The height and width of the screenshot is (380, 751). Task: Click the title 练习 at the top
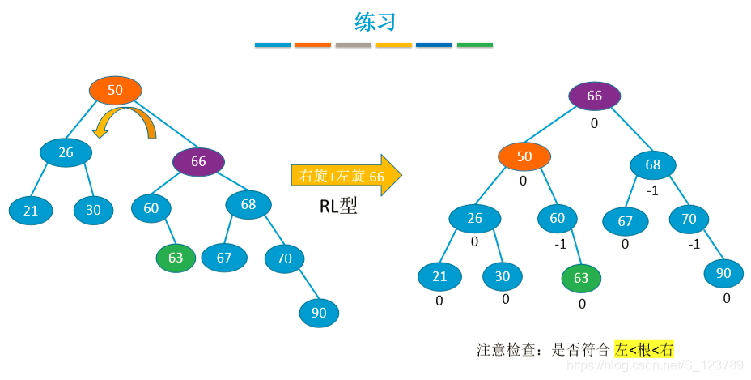pyautogui.click(x=375, y=22)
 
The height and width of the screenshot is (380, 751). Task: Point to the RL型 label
pyautogui.click(x=339, y=207)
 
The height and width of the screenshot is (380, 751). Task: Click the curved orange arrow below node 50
pyautogui.click(x=124, y=123)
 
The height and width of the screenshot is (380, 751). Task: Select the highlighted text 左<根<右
pyautogui.click(x=643, y=350)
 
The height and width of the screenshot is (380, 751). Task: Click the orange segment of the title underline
pyautogui.click(x=312, y=45)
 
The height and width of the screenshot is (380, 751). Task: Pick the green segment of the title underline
pyautogui.click(x=474, y=45)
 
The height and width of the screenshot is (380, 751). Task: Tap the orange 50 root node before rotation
pyautogui.click(x=115, y=90)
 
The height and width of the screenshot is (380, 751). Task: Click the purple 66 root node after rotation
pyautogui.click(x=594, y=96)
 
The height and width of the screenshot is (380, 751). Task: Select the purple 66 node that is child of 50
pyautogui.click(x=198, y=161)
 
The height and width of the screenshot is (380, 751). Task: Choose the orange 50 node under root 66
pyautogui.click(x=524, y=156)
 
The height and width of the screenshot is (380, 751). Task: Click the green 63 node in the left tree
pyautogui.click(x=176, y=258)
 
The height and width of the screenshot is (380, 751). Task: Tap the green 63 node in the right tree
pyautogui.click(x=581, y=278)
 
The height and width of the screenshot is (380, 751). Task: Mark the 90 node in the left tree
pyautogui.click(x=319, y=313)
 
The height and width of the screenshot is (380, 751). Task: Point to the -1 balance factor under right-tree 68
pyautogui.click(x=651, y=190)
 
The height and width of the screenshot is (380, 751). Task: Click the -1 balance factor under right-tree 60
pyautogui.click(x=559, y=243)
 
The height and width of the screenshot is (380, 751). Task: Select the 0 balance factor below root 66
pyautogui.click(x=594, y=123)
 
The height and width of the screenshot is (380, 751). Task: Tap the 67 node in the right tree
pyautogui.click(x=625, y=220)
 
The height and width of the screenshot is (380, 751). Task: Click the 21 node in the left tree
pyautogui.click(x=31, y=211)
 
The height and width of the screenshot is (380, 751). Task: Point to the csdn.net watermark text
pyautogui.click(x=656, y=366)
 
